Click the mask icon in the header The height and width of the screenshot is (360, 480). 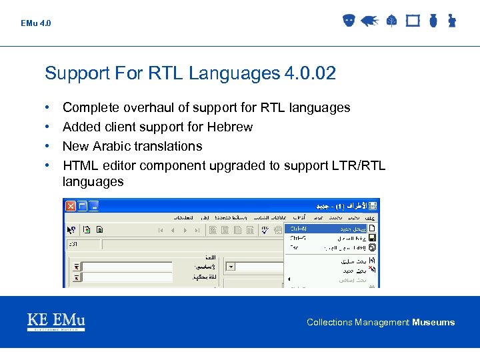pyautogui.click(x=348, y=21)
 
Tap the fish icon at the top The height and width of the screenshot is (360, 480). pyautogui.click(x=370, y=21)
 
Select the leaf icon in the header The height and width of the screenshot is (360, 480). pyautogui.click(x=391, y=21)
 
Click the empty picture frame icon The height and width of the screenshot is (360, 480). pyautogui.click(x=413, y=21)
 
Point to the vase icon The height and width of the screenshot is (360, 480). pyautogui.click(x=433, y=21)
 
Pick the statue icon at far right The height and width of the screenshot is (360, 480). pyautogui.click(x=451, y=21)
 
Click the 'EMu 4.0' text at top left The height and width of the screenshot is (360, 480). pyautogui.click(x=35, y=23)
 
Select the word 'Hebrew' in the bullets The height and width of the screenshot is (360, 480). pyautogui.click(x=230, y=127)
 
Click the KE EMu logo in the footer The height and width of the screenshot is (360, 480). pyautogui.click(x=56, y=321)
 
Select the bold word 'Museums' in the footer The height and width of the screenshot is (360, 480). pyautogui.click(x=433, y=323)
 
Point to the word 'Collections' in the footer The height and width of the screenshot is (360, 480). pyautogui.click(x=329, y=323)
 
